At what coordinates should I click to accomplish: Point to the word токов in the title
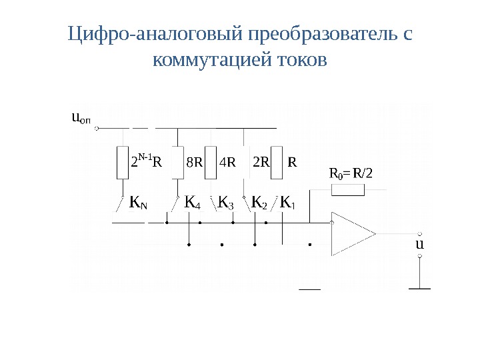pos(297,61)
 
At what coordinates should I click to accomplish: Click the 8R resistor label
pos(193,161)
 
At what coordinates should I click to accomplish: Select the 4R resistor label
pos(227,161)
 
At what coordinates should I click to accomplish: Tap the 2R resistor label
pos(261,161)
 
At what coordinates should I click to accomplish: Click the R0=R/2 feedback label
pos(352,174)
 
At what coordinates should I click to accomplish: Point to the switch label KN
pos(139,201)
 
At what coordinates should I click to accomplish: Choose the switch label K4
pos(193,201)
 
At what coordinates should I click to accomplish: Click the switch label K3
pos(227,201)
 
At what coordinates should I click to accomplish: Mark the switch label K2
pos(259,201)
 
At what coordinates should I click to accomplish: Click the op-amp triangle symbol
pos(350,233)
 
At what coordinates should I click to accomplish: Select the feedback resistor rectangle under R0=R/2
pos(348,191)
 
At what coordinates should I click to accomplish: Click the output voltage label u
pos(419,244)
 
